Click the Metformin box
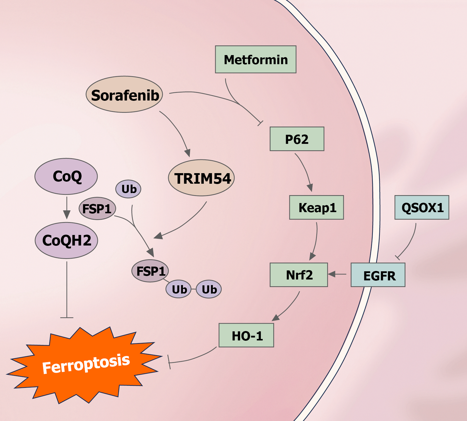pyautogui.click(x=256, y=59)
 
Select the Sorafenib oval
pyautogui.click(x=124, y=95)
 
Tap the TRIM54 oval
pyautogui.click(x=201, y=178)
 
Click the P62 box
pyautogui.click(x=297, y=139)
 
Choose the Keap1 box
pyautogui.click(x=316, y=207)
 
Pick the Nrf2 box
pyautogui.click(x=298, y=275)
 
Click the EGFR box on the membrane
pyautogui.click(x=378, y=275)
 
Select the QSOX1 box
pyautogui.click(x=422, y=207)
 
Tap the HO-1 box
pyautogui.click(x=246, y=335)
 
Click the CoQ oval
pyautogui.click(x=66, y=176)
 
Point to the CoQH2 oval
pyautogui.click(x=66, y=241)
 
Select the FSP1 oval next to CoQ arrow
pyautogui.click(x=97, y=209)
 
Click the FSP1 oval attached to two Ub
pyautogui.click(x=150, y=271)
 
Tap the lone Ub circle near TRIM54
pyautogui.click(x=128, y=189)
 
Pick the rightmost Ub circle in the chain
pyautogui.click(x=209, y=289)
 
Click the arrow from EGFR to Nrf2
pyautogui.click(x=337, y=274)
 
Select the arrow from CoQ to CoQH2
pyautogui.click(x=67, y=208)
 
